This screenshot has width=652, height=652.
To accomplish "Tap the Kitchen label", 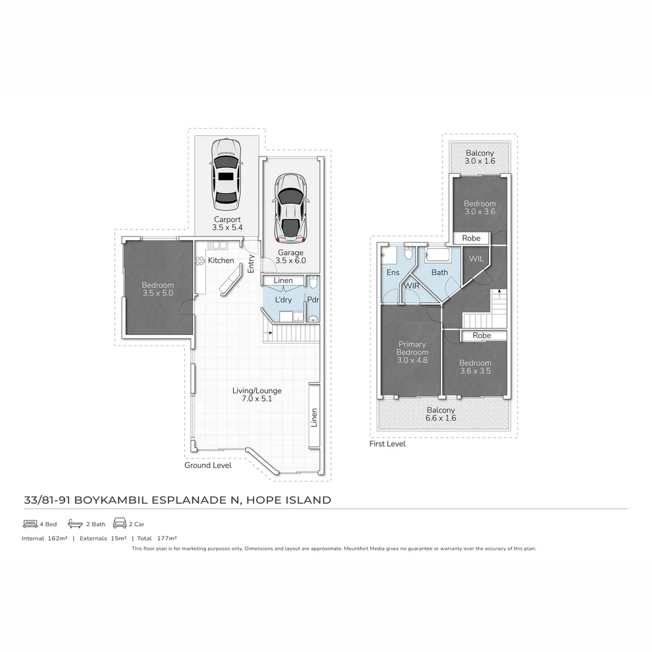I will click(x=221, y=260).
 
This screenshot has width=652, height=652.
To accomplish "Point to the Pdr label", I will click(x=313, y=299).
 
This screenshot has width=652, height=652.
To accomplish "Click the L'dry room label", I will click(x=283, y=299).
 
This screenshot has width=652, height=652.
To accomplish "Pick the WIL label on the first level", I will click(x=476, y=259).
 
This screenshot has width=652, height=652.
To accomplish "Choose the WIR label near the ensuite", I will click(x=412, y=285).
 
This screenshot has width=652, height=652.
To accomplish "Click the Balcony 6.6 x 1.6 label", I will click(x=441, y=414).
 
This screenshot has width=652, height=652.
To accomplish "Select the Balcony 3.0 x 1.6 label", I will click(x=479, y=157).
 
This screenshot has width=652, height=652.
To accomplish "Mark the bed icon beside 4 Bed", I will click(x=30, y=524).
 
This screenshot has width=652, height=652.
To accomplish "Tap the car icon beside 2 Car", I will click(x=120, y=523).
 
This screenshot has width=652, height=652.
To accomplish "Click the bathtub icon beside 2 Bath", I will click(x=75, y=523).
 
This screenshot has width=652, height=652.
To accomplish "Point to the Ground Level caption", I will click(x=208, y=465).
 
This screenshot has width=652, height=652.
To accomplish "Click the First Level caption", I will click(x=387, y=444).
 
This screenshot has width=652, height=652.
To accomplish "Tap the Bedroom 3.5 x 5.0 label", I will click(x=158, y=289).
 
